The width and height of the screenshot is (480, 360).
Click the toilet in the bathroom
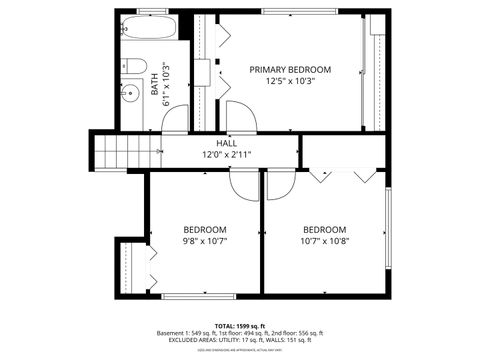click(135, 66)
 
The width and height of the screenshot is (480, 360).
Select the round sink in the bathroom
click(129, 93)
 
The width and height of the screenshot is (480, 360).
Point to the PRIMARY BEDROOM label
click(290, 69)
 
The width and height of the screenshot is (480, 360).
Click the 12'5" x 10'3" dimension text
click(290, 81)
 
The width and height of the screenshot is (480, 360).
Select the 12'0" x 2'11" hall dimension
click(227, 155)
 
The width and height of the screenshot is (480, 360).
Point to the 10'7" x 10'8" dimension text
click(325, 240)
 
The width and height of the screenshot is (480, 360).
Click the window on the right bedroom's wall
click(386, 230)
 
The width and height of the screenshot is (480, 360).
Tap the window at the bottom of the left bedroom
click(191, 296)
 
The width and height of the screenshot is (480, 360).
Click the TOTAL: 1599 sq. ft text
click(239, 325)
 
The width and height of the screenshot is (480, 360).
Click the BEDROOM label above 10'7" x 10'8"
click(325, 228)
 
